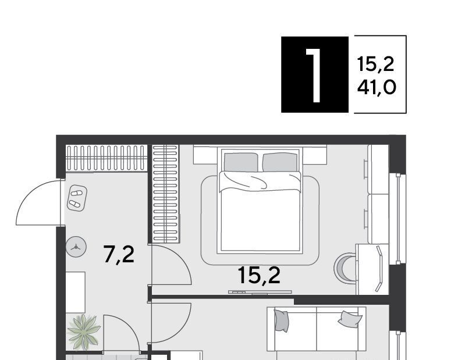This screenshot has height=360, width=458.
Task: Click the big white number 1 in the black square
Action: click(x=314, y=76)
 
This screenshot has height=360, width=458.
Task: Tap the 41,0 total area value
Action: click(x=377, y=87)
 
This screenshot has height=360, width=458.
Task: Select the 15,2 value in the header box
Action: click(x=375, y=65)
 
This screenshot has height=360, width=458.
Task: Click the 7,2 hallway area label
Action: click(x=119, y=255)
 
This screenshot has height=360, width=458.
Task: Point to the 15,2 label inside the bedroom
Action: click(x=259, y=275)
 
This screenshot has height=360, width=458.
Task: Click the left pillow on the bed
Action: click(x=241, y=162)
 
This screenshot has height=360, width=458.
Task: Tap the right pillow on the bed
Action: click(x=280, y=162)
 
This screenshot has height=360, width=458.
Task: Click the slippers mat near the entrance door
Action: click(x=77, y=198)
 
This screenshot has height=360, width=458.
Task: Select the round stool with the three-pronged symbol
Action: click(x=76, y=247)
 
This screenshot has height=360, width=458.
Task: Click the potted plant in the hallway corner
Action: click(x=84, y=332)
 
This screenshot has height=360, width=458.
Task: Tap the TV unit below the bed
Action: click(x=260, y=292)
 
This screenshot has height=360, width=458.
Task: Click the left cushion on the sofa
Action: click(x=282, y=321)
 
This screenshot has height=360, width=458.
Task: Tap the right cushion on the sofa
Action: click(x=350, y=319)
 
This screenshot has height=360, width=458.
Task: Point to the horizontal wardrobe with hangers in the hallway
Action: click(x=106, y=158)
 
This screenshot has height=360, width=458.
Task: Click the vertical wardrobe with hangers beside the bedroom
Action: click(x=166, y=194)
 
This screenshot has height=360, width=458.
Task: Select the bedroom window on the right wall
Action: click(x=397, y=219)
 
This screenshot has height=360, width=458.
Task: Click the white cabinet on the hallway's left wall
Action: click(x=75, y=293)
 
